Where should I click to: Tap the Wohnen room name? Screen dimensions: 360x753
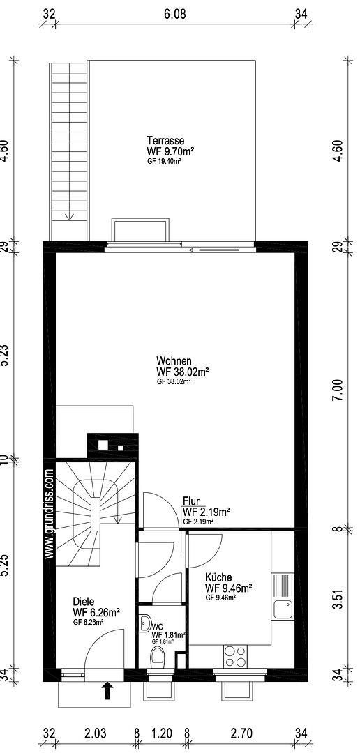tap(174, 360)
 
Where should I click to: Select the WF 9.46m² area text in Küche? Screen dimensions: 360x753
tap(229, 588)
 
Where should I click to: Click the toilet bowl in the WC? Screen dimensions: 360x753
tap(157, 656)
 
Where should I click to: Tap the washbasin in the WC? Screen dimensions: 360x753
tap(146, 623)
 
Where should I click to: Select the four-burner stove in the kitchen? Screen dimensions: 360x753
tap(235, 656)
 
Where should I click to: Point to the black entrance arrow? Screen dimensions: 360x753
tap(107, 690)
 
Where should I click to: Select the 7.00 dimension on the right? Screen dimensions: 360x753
tap(338, 390)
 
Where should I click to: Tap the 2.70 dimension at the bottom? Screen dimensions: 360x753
tap(241, 733)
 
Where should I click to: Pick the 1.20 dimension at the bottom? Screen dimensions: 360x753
tap(161, 733)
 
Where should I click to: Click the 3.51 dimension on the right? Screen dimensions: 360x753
tap(338, 599)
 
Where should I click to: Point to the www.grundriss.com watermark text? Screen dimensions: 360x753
tap(49, 513)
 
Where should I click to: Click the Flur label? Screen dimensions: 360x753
tap(191, 501)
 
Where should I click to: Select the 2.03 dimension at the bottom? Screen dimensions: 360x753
tap(96, 733)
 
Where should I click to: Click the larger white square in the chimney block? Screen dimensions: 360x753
tap(103, 445)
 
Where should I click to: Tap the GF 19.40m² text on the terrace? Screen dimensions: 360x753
tap(165, 161)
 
